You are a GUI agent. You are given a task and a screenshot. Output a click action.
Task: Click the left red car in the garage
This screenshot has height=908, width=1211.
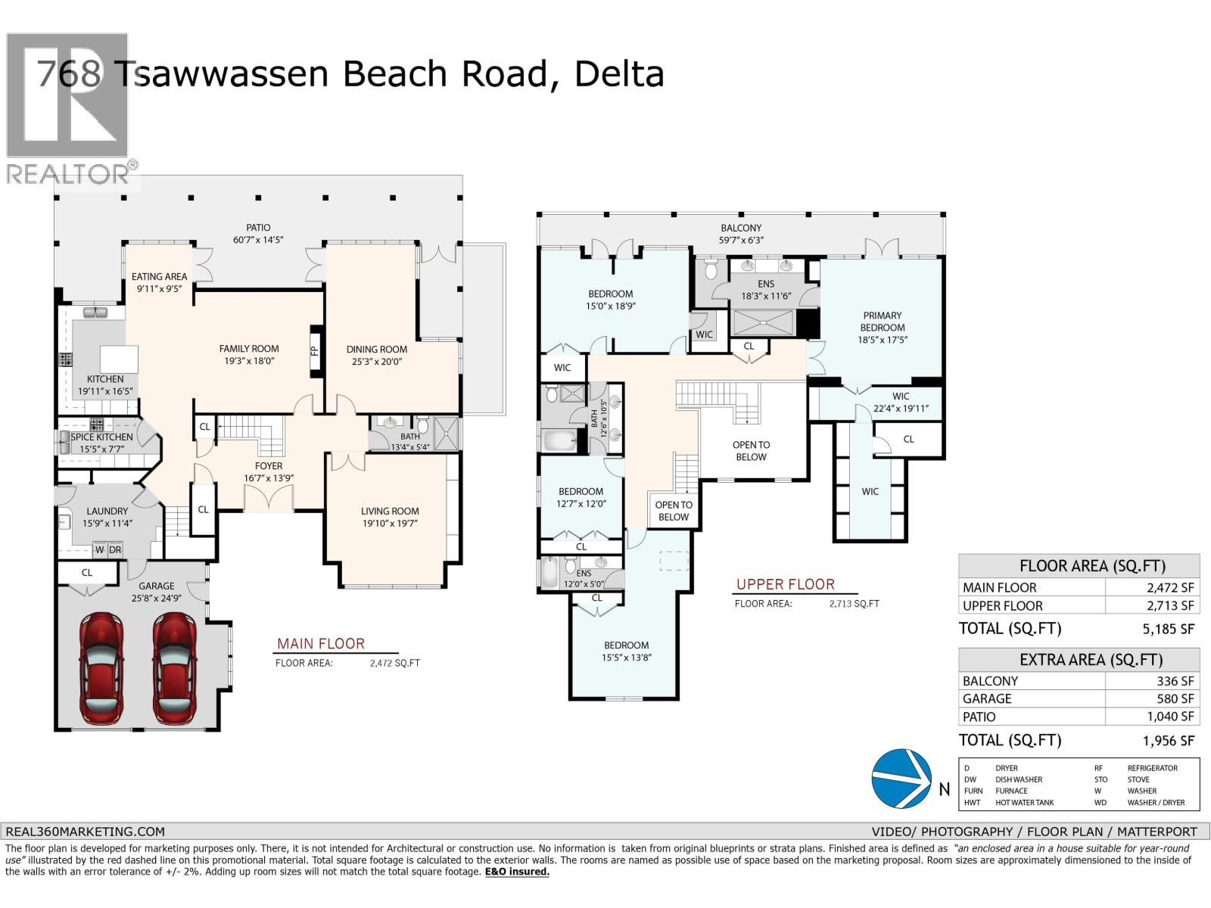tap(101, 669)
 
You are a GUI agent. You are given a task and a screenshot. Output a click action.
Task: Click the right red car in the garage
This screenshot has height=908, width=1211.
tap(174, 669)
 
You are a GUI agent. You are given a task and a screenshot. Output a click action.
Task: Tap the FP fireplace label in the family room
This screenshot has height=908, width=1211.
tap(315, 351)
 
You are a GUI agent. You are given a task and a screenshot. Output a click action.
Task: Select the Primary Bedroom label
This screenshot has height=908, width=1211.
tap(882, 322)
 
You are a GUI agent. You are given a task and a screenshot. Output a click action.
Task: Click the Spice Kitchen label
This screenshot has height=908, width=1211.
tap(101, 437)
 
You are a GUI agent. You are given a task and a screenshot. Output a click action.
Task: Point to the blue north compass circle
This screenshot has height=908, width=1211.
tap(901, 777)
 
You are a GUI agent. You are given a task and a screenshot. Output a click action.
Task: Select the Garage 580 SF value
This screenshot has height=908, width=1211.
tap(1175, 699)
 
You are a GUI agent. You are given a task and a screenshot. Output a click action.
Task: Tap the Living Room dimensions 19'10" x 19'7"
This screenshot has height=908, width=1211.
tap(390, 523)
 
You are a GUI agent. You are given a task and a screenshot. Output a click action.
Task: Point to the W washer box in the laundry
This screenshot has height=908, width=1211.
tap(99, 550)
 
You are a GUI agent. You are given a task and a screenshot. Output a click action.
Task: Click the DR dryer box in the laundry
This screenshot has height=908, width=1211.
tap(115, 550)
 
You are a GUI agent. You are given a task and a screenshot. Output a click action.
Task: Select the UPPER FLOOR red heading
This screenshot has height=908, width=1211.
tap(785, 584)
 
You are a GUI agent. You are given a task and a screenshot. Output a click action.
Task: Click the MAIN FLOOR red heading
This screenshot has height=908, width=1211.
tap(320, 644)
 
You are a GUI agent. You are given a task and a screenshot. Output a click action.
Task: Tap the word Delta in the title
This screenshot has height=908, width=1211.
tap(618, 74)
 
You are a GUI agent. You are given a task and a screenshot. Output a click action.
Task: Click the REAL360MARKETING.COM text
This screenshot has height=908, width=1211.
tap(84, 831)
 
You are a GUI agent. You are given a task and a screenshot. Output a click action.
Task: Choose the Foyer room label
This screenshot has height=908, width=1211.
tap(268, 466)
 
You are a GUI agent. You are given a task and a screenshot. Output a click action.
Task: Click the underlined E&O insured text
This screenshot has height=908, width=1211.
tap(517, 872)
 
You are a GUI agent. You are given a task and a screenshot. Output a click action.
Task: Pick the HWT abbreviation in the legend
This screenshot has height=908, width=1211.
tap(973, 802)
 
